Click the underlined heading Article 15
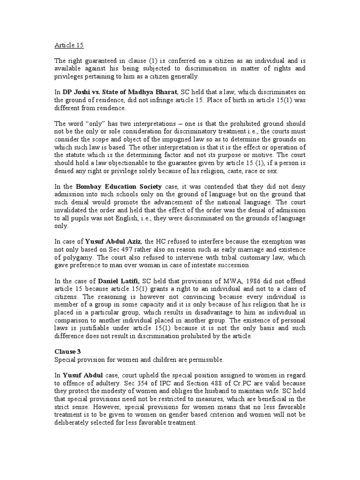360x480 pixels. (x=67, y=46)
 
